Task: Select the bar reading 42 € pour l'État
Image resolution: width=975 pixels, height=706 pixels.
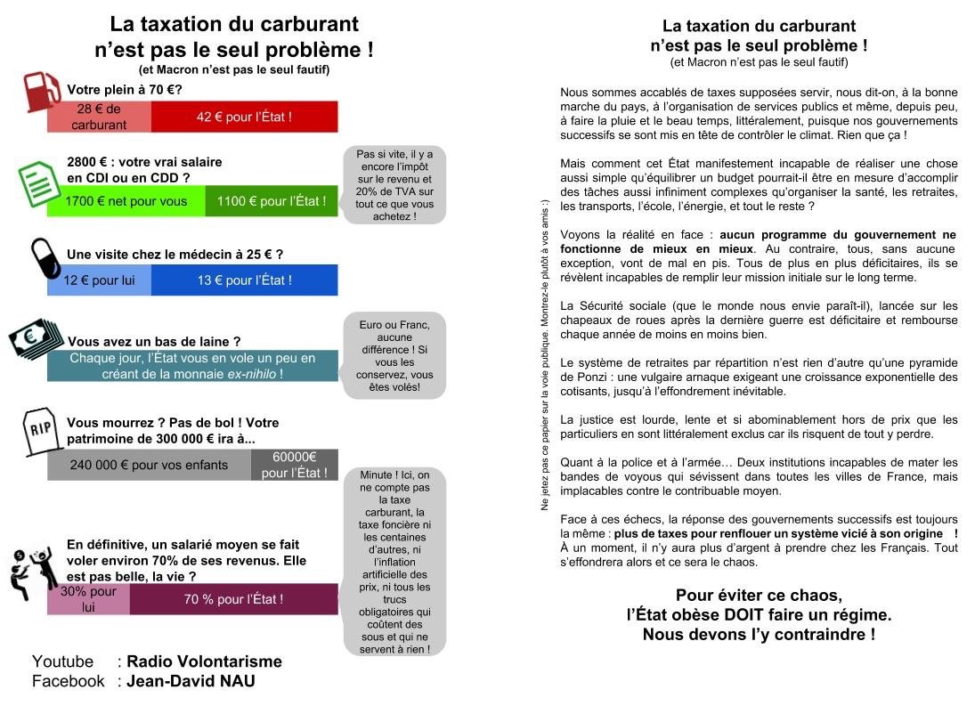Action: (244, 117)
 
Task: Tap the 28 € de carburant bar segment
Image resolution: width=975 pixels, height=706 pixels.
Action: (99, 117)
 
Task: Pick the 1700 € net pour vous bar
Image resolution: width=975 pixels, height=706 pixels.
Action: (126, 201)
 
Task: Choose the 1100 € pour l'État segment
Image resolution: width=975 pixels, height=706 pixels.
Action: (272, 201)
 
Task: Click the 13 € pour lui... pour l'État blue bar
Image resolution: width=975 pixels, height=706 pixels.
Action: (244, 280)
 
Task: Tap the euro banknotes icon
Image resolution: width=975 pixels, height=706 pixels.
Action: (37, 338)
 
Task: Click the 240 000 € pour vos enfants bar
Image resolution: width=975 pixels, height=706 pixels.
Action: (149, 465)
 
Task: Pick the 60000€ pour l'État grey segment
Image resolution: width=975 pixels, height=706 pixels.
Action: (295, 465)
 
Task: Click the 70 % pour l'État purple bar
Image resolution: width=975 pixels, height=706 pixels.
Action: (233, 599)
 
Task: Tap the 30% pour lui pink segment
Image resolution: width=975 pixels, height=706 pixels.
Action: (88, 599)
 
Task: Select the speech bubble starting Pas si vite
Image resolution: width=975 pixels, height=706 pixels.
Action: (394, 184)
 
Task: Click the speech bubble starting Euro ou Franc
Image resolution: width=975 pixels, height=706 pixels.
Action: (394, 356)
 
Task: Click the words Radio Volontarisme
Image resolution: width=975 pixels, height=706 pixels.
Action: (204, 661)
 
